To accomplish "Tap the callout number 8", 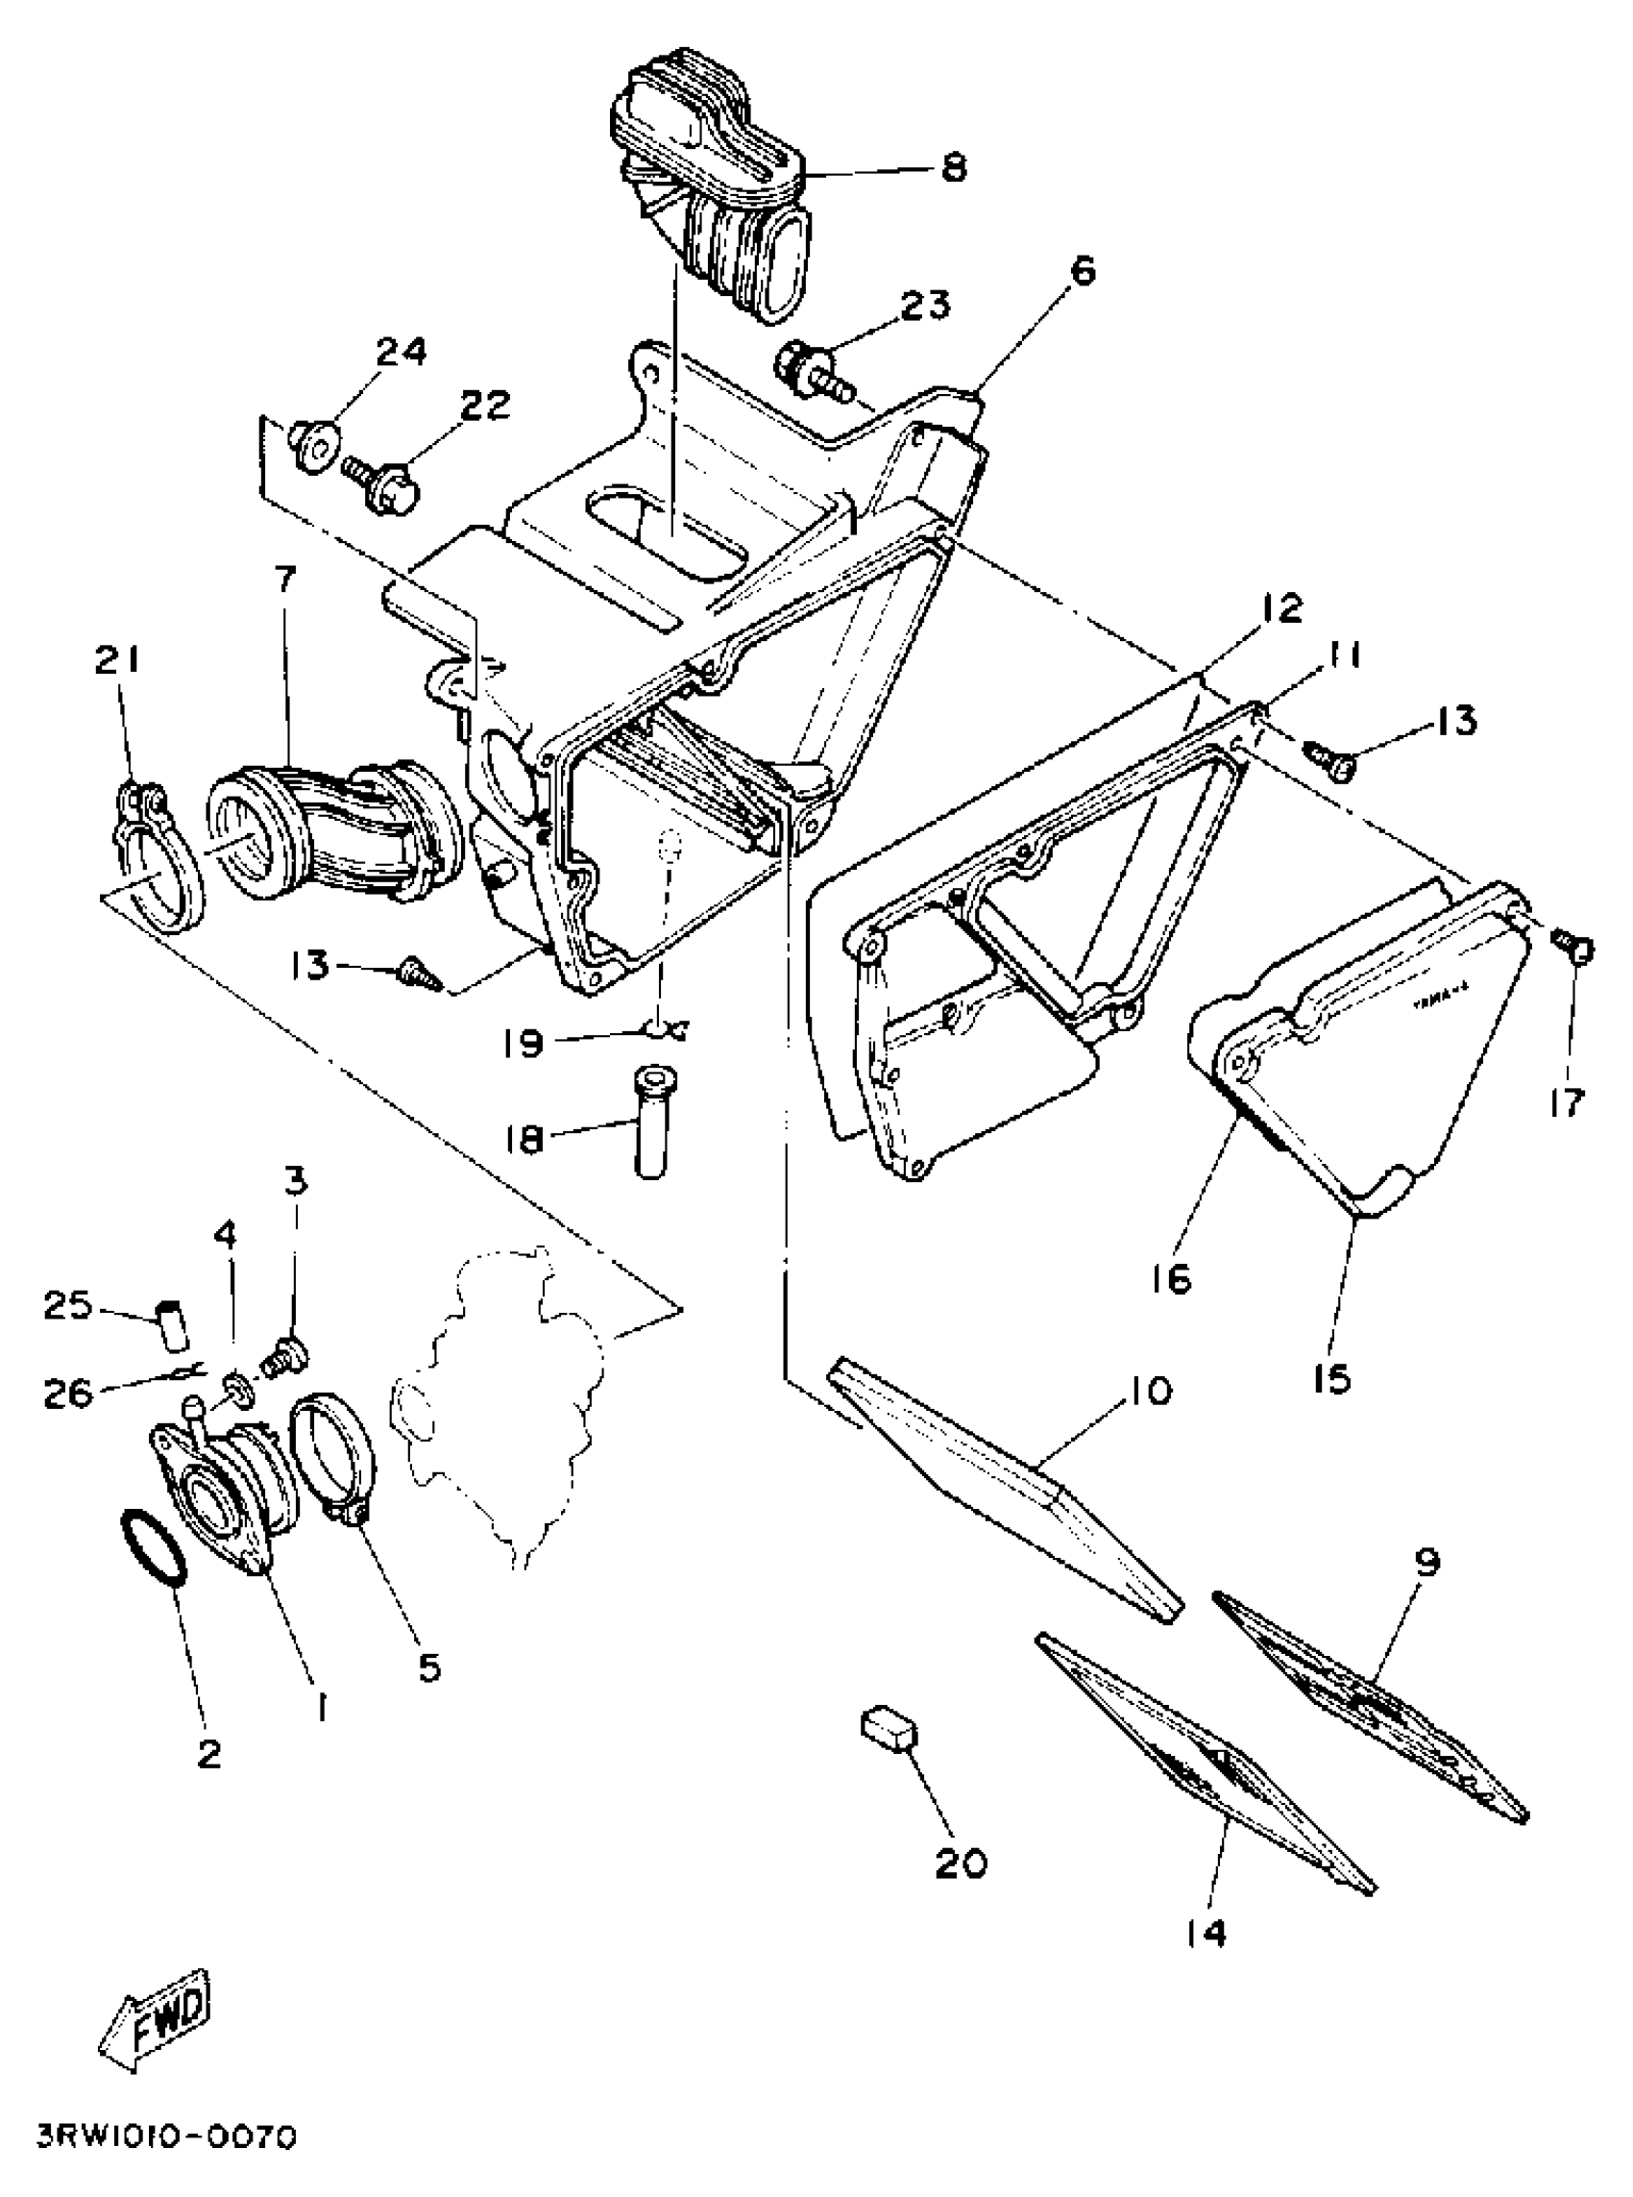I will [953, 167].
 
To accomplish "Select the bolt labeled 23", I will [816, 368].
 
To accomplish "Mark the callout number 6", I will [1085, 271].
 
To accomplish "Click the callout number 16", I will [1172, 1280].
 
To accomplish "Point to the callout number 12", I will [1282, 608].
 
